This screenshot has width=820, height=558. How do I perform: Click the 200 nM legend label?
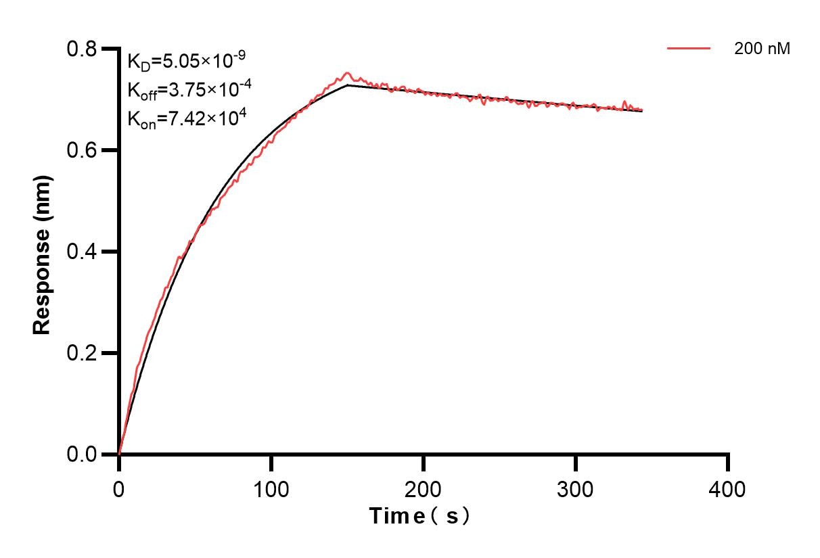tap(762, 49)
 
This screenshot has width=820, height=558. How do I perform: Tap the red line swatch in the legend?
tap(689, 49)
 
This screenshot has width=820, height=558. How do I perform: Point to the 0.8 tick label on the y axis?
tap(81, 49)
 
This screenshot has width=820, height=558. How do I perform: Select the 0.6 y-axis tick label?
tap(81, 150)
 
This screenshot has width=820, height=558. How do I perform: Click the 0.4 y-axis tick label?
tap(81, 252)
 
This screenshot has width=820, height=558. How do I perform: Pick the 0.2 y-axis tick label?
tap(81, 353)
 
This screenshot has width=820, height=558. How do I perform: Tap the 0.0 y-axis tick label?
tap(81, 454)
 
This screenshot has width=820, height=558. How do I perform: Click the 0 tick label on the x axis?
tap(119, 488)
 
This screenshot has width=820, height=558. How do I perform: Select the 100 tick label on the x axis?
tap(271, 488)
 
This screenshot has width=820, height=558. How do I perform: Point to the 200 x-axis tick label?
tap(424, 488)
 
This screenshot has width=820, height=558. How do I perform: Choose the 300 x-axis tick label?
tap(576, 488)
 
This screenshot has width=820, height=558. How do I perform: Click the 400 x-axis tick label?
tap(728, 488)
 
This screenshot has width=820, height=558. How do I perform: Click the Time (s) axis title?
tap(419, 516)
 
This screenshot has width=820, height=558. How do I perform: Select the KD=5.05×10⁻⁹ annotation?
tap(186, 62)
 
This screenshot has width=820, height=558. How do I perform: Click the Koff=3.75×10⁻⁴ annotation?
tap(186, 89)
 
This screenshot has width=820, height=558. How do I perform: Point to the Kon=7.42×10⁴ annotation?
tap(186, 118)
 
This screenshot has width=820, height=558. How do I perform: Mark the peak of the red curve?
tap(348, 73)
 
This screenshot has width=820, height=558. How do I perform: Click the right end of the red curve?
tap(641, 110)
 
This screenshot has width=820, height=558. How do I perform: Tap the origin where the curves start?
tap(119, 454)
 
